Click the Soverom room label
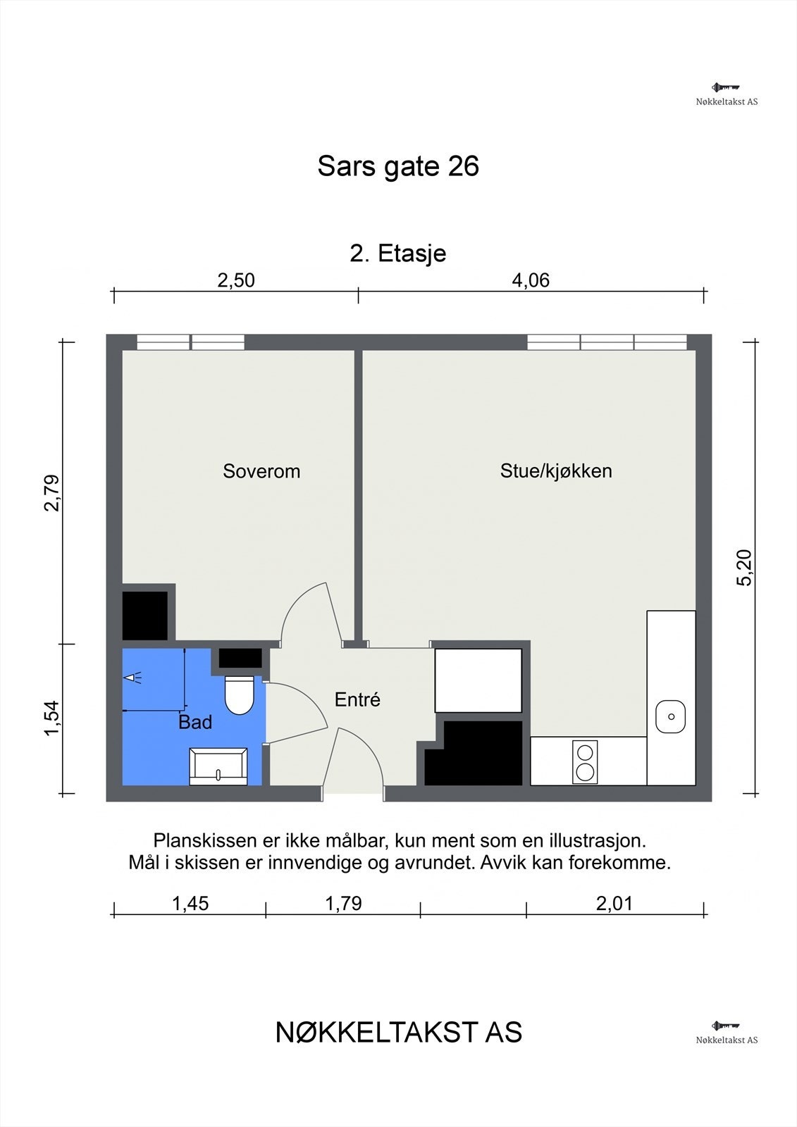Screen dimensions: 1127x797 (x=261, y=471)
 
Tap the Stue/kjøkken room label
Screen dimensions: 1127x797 (x=555, y=471)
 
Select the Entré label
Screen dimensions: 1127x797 (x=357, y=699)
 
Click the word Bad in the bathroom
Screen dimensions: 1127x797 (x=195, y=722)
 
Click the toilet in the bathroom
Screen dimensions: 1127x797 (x=239, y=695)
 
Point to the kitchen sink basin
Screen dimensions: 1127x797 (x=670, y=717)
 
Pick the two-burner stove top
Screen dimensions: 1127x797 (x=585, y=762)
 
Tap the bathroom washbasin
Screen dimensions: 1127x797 (x=218, y=766)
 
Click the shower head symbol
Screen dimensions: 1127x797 (x=132, y=678)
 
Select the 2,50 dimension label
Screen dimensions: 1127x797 (x=236, y=280)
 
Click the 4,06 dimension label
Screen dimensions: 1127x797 (x=530, y=280)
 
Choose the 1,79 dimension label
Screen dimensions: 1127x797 (x=343, y=903)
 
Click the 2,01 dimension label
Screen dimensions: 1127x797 (x=614, y=903)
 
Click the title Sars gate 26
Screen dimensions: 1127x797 (x=398, y=166)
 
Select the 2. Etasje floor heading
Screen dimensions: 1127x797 (x=398, y=253)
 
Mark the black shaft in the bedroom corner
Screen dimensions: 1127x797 (x=145, y=615)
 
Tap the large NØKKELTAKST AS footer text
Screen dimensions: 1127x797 (x=398, y=1033)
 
